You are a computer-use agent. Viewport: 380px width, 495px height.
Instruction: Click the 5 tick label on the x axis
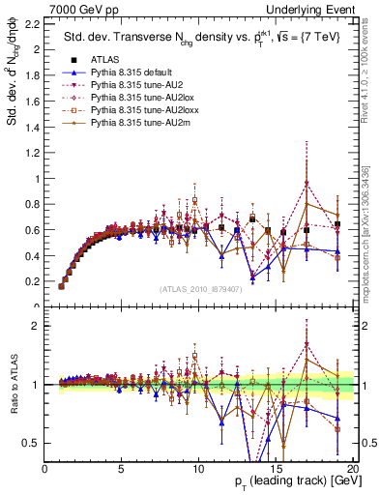pyautogui.click(x=122, y=468)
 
